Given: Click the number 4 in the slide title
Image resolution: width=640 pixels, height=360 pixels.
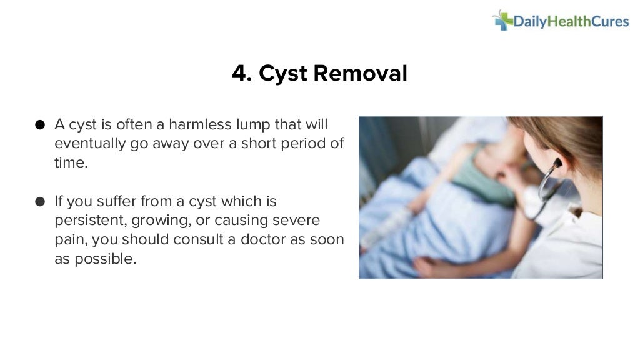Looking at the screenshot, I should tap(238, 74).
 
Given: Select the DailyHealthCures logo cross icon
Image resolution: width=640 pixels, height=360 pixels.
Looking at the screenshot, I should tap(502, 21).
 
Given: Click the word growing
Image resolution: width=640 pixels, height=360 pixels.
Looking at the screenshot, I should tap(158, 221).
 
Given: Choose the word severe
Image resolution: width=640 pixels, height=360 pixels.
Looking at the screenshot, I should tap(296, 221).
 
